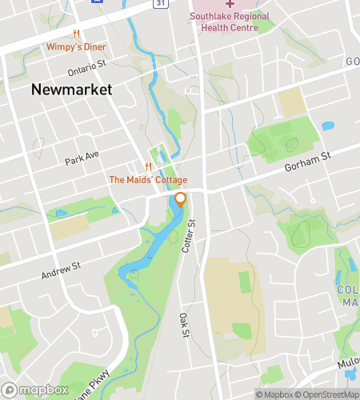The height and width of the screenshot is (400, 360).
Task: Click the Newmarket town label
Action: click(71, 90)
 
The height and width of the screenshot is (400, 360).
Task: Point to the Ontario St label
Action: click(87, 66)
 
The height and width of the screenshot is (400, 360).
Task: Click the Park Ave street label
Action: click(82, 157)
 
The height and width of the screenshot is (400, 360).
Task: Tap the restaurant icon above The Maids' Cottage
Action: click(147, 166)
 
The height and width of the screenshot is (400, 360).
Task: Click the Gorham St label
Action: click(308, 163)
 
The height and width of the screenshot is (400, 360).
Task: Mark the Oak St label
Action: click(183, 324)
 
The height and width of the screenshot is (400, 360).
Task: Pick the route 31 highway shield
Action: click(160, 4)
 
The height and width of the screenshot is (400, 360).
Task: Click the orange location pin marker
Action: click(181, 200)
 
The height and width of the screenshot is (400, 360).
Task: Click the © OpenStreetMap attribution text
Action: click(327, 394)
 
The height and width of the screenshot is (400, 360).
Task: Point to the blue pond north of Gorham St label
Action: click(327, 126)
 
